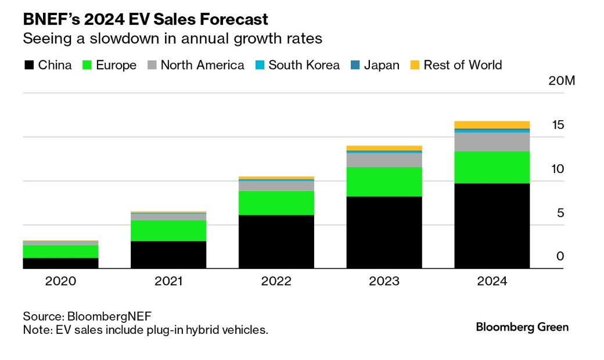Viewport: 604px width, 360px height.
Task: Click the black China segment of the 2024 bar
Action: [492, 226]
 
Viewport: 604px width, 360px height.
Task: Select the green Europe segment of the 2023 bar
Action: [384, 182]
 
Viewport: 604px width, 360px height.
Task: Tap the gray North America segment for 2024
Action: [492, 142]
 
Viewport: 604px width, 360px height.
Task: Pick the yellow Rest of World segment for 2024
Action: [492, 124]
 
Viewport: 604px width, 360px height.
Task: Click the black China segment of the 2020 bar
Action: [60, 263]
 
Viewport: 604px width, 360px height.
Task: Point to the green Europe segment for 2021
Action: [168, 231]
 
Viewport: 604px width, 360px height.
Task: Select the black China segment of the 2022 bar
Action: [276, 242]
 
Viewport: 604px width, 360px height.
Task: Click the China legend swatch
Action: [28, 65]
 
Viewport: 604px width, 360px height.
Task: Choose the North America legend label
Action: [202, 65]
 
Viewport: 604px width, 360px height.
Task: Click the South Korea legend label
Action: [304, 65]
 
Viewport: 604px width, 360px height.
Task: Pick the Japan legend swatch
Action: [355, 65]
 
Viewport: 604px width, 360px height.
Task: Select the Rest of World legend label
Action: [463, 65]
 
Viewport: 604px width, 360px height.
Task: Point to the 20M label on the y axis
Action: [562, 81]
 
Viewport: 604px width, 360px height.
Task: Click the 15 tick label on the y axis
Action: [558, 125]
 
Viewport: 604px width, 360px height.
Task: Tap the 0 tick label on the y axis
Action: [560, 256]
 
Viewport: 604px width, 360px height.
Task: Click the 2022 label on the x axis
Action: [276, 282]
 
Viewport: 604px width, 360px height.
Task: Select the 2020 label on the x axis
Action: [60, 282]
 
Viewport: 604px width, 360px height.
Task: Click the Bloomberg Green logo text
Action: [522, 327]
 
